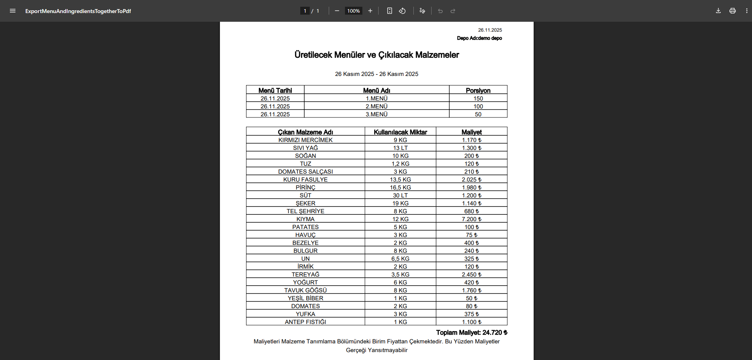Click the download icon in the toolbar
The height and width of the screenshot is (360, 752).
point(718,11)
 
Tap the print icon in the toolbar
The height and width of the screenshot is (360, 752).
point(732,11)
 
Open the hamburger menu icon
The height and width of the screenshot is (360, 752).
point(13,11)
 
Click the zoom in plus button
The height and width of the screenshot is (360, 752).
point(370,11)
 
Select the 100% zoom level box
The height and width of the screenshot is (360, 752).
point(353,11)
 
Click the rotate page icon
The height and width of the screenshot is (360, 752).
point(402,11)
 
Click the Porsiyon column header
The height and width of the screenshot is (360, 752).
point(478,90)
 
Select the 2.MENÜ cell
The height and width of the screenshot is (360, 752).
point(376,106)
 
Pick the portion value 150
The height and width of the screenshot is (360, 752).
point(478,99)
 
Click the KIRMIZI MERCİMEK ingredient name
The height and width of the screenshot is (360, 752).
point(305,140)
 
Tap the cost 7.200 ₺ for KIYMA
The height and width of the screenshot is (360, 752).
point(472,219)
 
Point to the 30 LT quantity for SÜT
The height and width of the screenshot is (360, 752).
point(400,195)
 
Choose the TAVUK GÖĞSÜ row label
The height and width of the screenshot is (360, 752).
point(305,290)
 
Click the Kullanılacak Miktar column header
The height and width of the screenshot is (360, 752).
point(400,132)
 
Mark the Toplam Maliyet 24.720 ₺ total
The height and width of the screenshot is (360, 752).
point(472,333)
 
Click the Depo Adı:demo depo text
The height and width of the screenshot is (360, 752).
point(479,38)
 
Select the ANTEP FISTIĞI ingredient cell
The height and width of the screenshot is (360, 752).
point(305,322)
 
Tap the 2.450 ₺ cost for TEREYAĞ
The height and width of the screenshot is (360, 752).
point(472,275)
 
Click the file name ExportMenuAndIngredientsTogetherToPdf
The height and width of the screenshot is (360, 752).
point(78,11)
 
